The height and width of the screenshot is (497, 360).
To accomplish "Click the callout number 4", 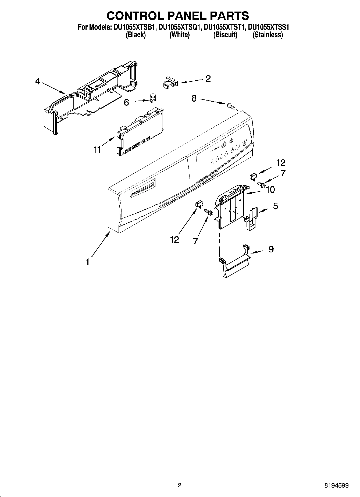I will (x=38, y=81).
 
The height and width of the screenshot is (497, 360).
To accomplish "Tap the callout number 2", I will (x=208, y=78).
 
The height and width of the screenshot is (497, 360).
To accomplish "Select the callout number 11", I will (x=97, y=149).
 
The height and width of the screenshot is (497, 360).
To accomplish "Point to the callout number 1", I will (x=87, y=261).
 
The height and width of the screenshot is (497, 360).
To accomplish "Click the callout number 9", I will (x=271, y=249).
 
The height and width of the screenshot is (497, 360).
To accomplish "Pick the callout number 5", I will (x=275, y=206).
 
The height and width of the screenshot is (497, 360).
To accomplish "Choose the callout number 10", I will (x=270, y=190).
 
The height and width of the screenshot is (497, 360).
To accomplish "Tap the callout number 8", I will (x=194, y=98).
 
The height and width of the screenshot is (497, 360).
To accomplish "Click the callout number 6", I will (x=126, y=102).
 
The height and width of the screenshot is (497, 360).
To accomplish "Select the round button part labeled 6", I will (x=153, y=97).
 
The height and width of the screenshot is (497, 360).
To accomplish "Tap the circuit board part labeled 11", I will (x=140, y=132).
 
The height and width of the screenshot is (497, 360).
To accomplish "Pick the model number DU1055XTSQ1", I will (x=180, y=27).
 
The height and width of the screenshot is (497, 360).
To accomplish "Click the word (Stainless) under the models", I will (x=268, y=35).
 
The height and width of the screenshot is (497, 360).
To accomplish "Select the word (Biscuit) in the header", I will (x=225, y=35).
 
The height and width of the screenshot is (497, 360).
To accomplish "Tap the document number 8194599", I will (x=336, y=485).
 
